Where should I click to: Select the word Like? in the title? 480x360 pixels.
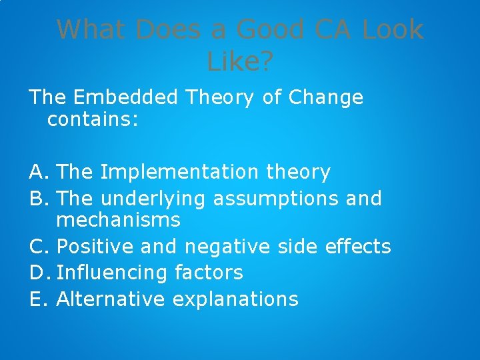coord(240,62)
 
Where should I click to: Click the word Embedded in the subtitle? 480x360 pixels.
coord(126,97)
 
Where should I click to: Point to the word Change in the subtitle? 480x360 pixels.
coord(326,97)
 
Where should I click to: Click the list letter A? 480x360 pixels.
coord(38,173)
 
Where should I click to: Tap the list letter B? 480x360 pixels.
coord(38,199)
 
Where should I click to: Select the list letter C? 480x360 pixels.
coord(38,246)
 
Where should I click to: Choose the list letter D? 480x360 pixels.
coord(39,272)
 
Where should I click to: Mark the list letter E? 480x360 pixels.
coord(37,299)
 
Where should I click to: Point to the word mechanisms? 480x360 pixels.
coord(119,219)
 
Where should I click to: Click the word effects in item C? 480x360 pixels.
coord(358,246)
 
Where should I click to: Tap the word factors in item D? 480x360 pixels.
coord(209,272)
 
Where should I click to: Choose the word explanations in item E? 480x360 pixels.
coord(235,299)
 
